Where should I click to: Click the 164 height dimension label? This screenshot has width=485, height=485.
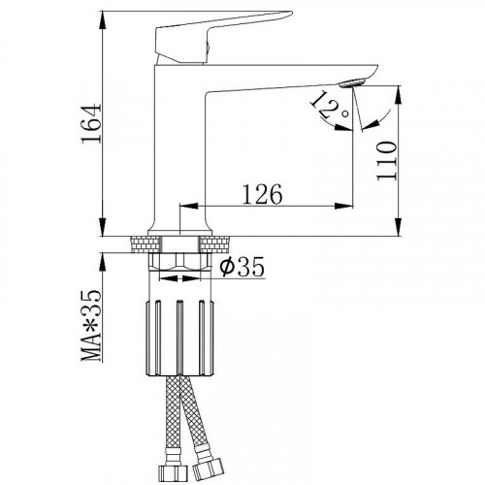click(91, 123)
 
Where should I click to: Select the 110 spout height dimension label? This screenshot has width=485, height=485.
click(386, 161)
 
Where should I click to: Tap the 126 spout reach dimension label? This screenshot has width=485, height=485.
click(262, 194)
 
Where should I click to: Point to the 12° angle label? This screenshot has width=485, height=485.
click(330, 106)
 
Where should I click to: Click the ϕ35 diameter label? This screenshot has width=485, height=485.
click(242, 267)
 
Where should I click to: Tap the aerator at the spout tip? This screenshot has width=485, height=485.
click(352, 82)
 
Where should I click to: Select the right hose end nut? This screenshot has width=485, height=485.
click(208, 470)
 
